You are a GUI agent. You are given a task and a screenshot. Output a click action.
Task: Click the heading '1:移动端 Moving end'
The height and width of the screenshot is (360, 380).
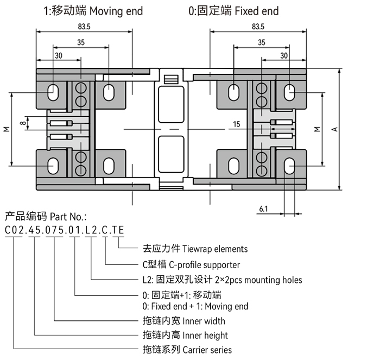[x=93, y=11]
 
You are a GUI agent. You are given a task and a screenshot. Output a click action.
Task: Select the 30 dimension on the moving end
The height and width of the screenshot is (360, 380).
[x=58, y=55]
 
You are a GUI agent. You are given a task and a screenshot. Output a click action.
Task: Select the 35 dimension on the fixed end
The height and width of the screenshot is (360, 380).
[x=261, y=42]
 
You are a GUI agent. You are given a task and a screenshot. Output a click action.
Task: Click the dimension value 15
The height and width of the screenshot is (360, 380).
[x=237, y=124]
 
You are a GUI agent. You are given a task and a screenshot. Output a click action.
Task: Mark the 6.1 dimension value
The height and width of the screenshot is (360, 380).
[x=263, y=209]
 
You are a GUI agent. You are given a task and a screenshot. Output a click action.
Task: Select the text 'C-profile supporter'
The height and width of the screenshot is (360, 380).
[x=206, y=265]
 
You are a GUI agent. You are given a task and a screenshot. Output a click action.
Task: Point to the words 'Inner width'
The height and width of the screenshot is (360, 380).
[x=204, y=321]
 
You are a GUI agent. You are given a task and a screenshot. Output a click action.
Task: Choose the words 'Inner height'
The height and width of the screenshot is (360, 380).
[x=205, y=336]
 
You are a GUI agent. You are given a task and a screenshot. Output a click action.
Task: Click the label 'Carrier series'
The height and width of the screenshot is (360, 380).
[x=207, y=350]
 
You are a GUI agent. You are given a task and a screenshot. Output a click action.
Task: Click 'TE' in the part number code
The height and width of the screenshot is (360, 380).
[x=118, y=230]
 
